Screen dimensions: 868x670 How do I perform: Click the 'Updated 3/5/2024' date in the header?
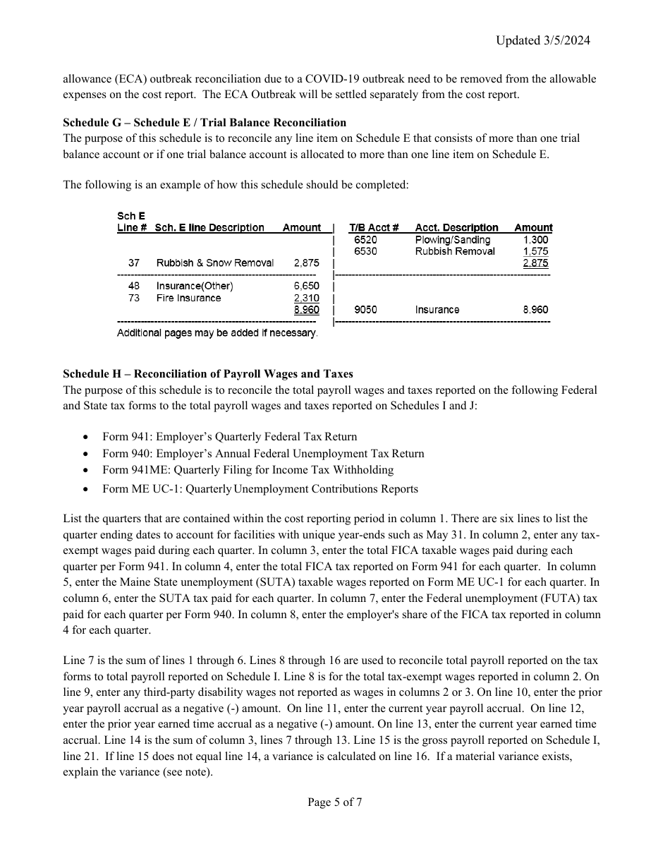point(542,40)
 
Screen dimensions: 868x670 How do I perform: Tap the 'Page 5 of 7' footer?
point(335,802)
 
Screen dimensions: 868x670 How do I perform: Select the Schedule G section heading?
point(205,123)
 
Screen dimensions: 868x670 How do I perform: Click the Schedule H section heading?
point(208,374)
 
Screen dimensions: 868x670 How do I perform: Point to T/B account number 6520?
point(365,240)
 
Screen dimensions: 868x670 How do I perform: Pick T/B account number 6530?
point(365,251)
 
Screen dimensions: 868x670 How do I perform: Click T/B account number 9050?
point(365,310)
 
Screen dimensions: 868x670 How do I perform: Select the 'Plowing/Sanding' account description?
point(452,240)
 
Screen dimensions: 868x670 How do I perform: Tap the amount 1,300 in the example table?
point(535,240)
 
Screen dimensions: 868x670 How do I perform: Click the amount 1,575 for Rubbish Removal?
point(535,251)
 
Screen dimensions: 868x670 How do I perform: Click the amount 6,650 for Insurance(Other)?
point(306,286)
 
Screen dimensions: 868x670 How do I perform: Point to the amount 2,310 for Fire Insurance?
point(306,298)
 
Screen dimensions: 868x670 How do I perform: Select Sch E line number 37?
point(134,263)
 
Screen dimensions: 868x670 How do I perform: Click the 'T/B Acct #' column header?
point(374,227)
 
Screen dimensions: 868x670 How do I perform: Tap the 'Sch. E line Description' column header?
point(209,227)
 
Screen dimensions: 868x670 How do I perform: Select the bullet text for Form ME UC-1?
point(260,489)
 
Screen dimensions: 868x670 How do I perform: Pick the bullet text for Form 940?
point(263,454)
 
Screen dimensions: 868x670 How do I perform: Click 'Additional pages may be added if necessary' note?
point(217,332)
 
